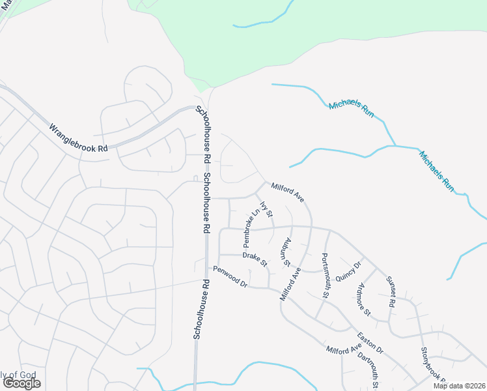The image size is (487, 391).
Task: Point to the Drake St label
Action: [255, 259]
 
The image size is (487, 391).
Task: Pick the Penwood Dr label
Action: [230, 277]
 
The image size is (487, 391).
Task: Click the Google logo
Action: [21, 383]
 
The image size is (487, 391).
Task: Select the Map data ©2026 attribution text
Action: [460, 386]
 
